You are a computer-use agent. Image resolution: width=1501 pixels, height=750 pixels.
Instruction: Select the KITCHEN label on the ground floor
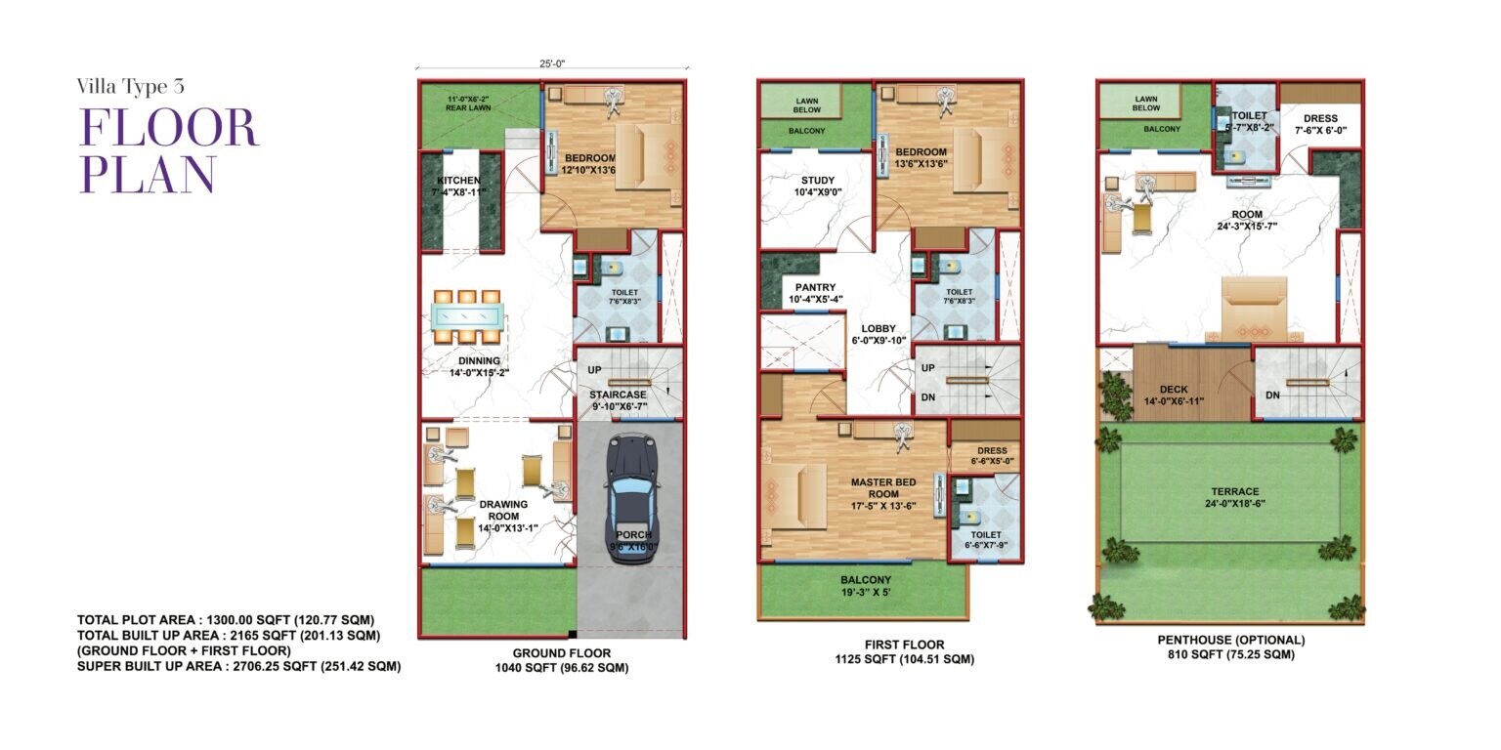pos(458,182)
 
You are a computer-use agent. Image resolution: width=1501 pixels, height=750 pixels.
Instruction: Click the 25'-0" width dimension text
pos(552,63)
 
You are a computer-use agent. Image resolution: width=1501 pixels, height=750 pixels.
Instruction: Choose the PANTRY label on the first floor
pos(815,288)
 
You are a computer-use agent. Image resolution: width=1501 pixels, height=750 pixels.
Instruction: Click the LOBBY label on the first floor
pos(878,329)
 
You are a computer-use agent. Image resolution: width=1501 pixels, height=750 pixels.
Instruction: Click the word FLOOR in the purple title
pos(168,128)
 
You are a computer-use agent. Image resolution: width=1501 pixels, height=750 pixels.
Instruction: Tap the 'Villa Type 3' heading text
pos(131,86)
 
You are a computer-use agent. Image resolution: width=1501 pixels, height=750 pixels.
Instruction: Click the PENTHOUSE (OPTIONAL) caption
pos(1230,641)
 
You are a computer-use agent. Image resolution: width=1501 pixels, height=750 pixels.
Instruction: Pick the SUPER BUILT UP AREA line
pos(238,666)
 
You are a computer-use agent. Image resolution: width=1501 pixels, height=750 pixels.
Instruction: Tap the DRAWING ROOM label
pos(503,505)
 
